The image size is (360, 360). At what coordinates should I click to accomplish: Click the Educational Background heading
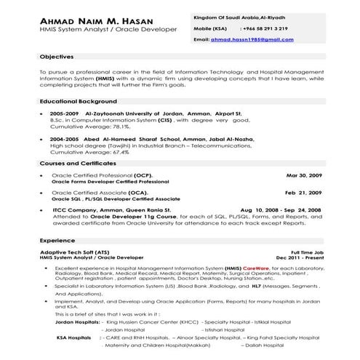point(79,101)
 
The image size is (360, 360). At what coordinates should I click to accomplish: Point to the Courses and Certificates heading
point(82,164)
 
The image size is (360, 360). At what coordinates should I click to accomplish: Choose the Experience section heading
point(57,240)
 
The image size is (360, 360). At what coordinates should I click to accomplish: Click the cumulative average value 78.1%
point(119,126)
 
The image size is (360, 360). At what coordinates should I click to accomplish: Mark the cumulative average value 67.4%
point(119,153)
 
